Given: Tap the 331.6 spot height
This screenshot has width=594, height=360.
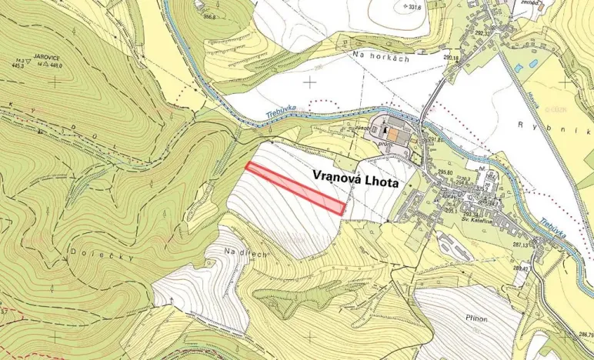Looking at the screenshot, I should tap(415, 7).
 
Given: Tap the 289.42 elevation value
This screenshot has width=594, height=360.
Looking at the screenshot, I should tap(542, 269).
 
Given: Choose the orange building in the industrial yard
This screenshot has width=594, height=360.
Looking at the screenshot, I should tap(393, 135).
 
